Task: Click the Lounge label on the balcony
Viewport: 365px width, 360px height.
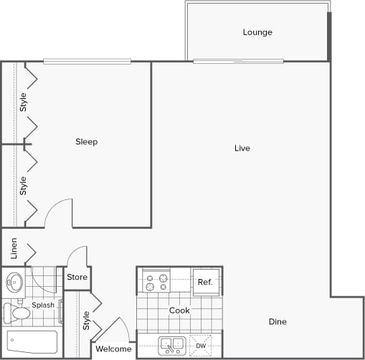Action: [257, 32]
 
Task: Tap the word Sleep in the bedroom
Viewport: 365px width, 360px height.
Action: [87, 142]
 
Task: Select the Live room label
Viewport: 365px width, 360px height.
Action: [242, 148]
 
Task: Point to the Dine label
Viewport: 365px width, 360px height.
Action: [278, 322]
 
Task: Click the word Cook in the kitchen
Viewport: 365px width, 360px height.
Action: [179, 311]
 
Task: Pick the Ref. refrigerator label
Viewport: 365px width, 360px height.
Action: [204, 283]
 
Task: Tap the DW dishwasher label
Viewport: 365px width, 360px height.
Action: [201, 346]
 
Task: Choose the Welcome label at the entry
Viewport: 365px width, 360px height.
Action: [114, 349]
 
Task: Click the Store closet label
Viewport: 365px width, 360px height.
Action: [77, 277]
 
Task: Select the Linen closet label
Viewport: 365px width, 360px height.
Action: [14, 249]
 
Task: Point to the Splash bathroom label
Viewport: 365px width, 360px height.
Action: [43, 305]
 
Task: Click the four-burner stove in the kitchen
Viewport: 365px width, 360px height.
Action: [156, 281]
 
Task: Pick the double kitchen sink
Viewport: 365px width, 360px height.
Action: [172, 345]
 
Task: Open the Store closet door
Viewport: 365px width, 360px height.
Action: [77, 256]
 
